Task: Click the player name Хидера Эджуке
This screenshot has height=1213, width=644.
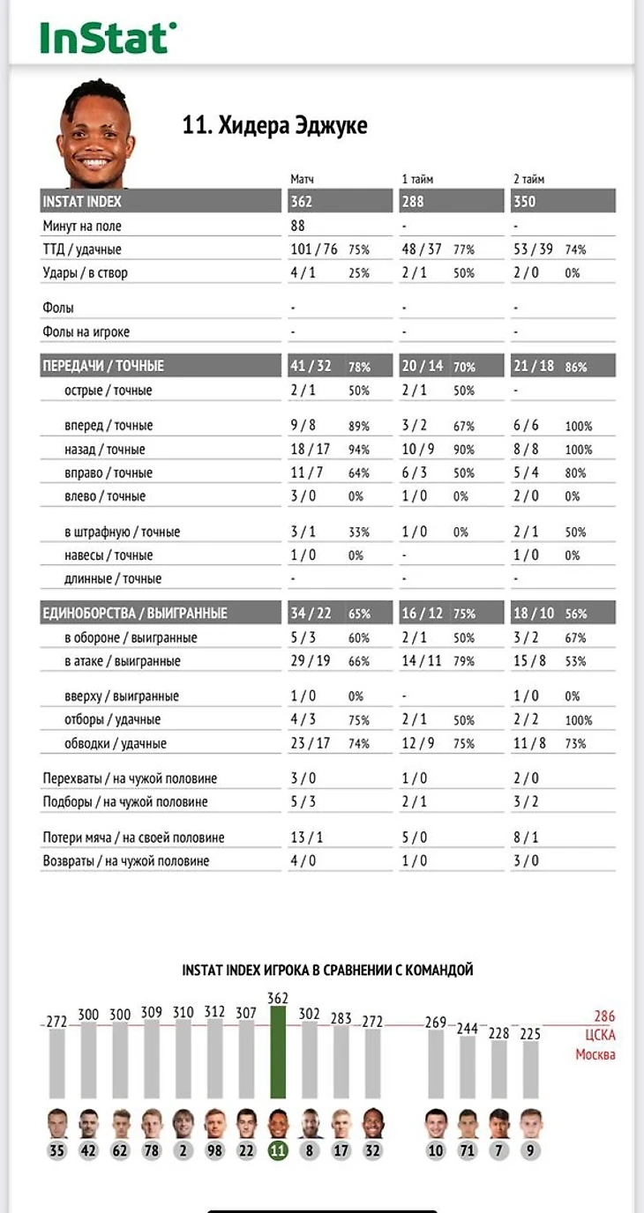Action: [274, 125]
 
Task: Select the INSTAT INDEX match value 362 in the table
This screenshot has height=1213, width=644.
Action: [302, 201]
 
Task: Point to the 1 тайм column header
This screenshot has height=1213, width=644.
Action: [416, 179]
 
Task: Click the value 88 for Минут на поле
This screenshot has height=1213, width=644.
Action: [298, 227]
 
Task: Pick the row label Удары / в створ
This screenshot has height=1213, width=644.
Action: [85, 273]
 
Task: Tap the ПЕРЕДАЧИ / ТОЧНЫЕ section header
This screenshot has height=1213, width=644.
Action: [103, 366]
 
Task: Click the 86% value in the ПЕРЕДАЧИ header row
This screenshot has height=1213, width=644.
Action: [576, 367]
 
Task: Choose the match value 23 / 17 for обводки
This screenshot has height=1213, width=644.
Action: [311, 744]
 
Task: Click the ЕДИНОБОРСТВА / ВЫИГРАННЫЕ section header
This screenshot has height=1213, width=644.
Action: [135, 614]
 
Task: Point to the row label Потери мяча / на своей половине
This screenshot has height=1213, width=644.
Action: [133, 837]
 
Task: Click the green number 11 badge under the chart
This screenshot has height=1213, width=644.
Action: [278, 1150]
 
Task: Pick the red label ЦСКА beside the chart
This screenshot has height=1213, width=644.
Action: [600, 1036]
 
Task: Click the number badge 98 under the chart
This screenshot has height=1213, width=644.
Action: [214, 1150]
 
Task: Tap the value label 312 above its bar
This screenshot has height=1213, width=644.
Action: [214, 1012]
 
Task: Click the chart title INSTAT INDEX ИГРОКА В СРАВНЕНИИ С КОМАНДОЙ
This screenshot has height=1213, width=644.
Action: [327, 970]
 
